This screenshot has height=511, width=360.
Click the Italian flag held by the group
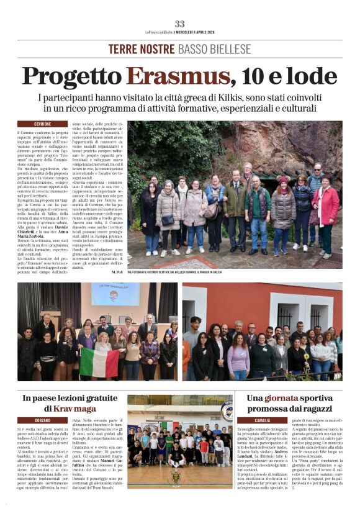pyautogui.click(x=99, y=361)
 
